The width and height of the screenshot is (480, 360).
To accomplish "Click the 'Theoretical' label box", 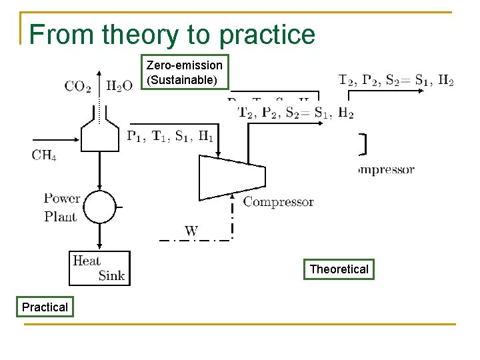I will point(339,269).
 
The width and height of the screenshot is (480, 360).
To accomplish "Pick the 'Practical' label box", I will point(45,307).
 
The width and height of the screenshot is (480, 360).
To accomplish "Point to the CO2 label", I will point(78,86).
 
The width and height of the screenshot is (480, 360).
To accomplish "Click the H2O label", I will point(120,86).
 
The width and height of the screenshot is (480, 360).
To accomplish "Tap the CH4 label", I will point(44,156).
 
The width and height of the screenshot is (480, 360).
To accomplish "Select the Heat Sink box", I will point(99,268).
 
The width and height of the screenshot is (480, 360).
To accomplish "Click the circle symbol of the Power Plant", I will point(99,207).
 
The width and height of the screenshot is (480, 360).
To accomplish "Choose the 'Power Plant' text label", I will point(61,207).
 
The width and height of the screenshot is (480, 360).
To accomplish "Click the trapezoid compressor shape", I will point(232,177).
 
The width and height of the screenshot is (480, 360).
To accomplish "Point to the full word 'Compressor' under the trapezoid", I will point(278,201).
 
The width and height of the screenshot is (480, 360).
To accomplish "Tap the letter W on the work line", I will point(191,231).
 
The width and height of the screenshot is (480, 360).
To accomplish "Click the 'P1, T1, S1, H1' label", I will point(171,137).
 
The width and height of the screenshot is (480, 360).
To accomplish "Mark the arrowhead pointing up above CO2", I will point(99,73).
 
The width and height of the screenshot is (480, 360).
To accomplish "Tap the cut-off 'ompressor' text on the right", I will point(386,169).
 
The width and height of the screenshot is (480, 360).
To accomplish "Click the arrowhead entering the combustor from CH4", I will point(78,141).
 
